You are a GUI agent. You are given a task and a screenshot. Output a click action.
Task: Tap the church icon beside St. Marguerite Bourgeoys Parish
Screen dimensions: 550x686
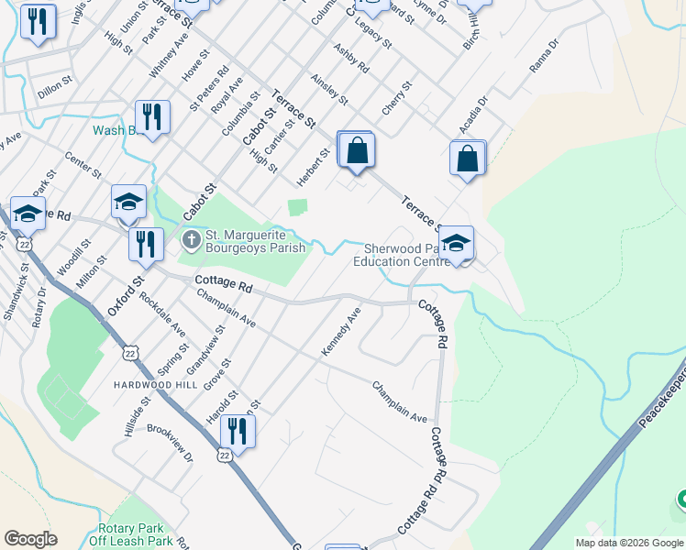click(191, 241)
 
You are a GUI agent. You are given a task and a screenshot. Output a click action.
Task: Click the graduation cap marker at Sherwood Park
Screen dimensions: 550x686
click(455, 244)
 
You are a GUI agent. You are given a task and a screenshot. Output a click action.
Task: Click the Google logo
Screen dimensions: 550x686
click(30, 539)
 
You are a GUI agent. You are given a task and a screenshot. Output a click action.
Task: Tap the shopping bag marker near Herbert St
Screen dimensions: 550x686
click(357, 150)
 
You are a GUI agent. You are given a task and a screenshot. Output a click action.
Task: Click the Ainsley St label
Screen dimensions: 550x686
click(330, 89)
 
